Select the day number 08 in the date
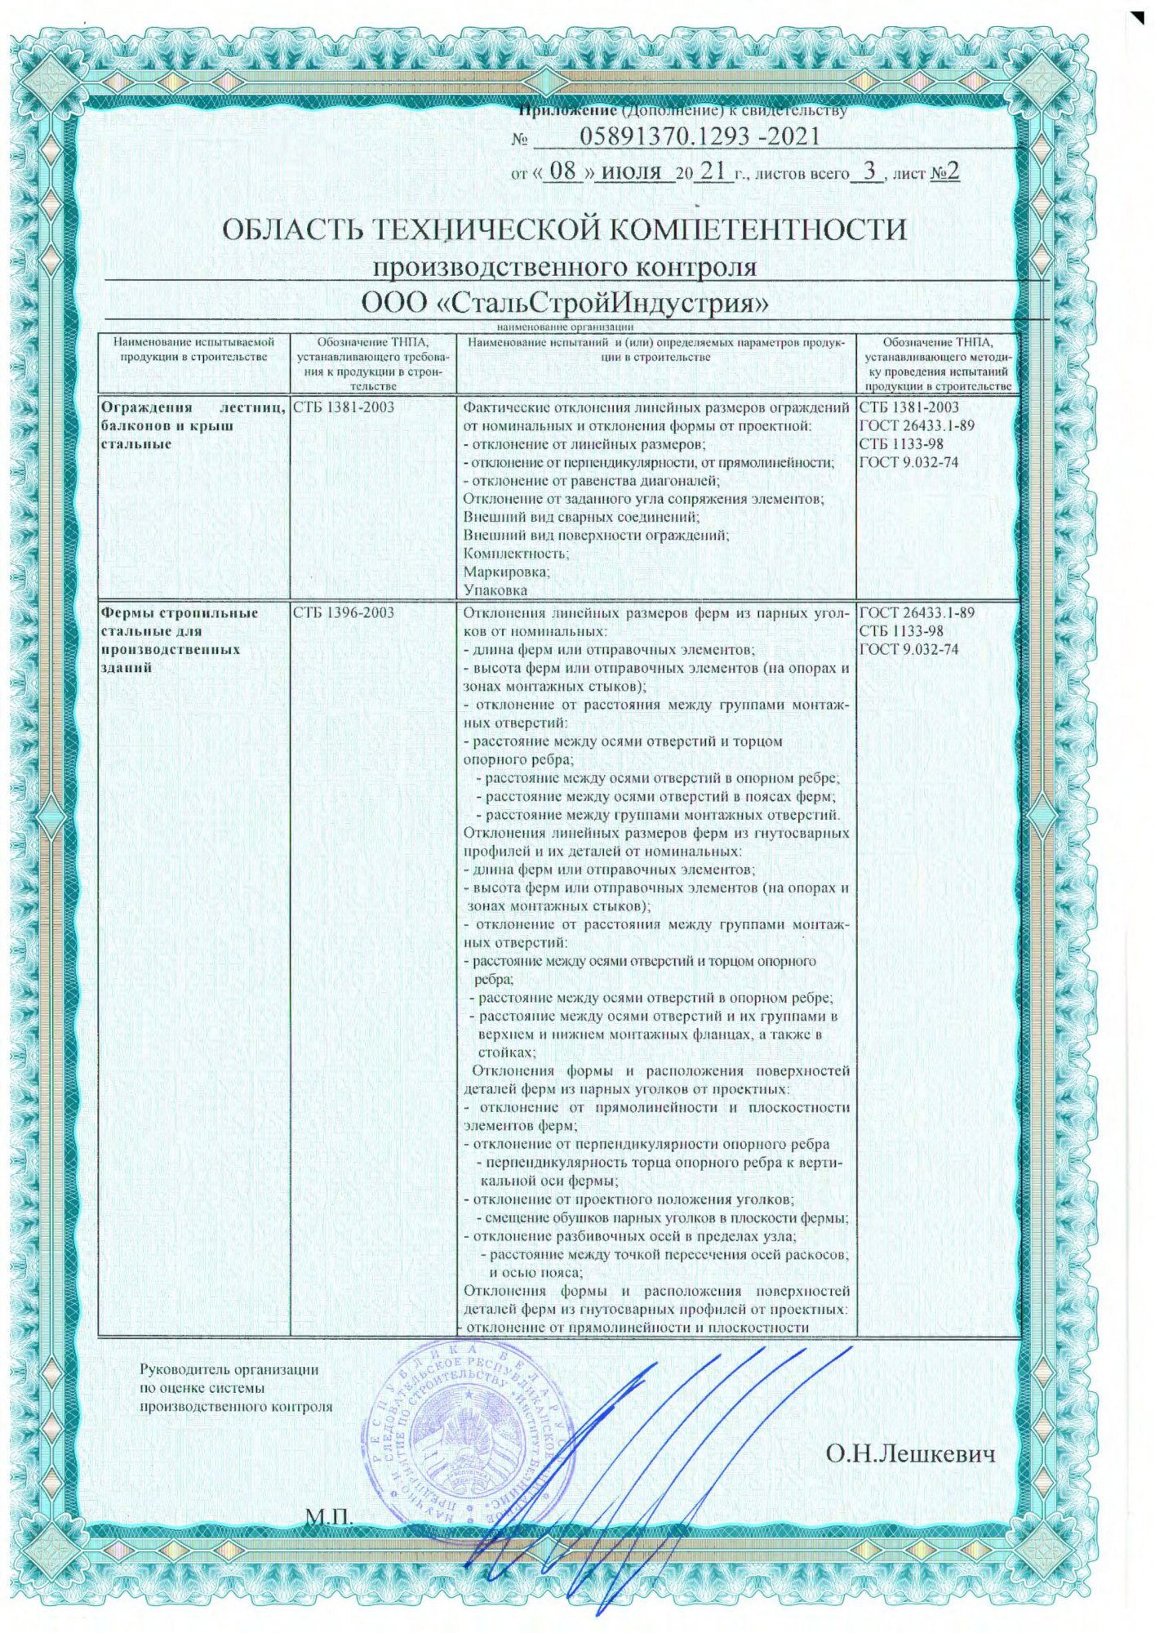(563, 171)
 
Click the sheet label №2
(946, 172)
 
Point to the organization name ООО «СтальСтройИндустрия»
(566, 304)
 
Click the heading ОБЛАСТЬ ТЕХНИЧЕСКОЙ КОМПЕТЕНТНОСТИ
(565, 229)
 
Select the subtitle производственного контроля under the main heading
(565, 267)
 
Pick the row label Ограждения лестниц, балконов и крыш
(192, 425)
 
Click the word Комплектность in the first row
(516, 554)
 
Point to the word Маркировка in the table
(507, 572)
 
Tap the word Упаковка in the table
(495, 590)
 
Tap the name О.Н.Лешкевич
(910, 1453)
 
